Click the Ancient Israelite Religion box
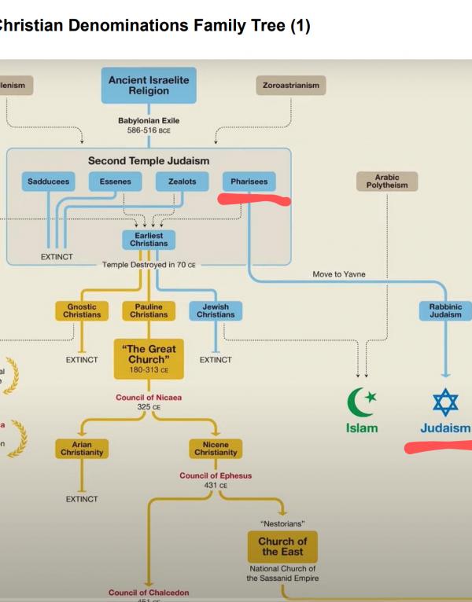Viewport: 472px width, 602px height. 149,86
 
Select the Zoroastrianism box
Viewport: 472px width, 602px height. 291,86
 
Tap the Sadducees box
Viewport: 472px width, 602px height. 48,182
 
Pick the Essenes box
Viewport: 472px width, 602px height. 115,182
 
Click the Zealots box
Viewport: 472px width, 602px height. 182,182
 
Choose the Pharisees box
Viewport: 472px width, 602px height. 249,182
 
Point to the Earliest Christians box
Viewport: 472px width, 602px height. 149,239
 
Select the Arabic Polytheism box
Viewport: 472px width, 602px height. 387,182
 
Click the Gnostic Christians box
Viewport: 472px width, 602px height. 82,311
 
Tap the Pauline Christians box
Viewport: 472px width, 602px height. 149,311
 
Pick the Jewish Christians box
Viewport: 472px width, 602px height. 216,311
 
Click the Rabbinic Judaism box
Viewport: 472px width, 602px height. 445,311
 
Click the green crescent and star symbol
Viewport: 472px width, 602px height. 361,402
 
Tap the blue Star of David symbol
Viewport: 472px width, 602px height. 445,402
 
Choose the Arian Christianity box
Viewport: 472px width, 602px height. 82,449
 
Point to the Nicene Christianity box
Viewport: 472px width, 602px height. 216,449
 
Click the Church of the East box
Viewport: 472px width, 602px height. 282,545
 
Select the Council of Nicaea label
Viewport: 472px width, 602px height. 149,398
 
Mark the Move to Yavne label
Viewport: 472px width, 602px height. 339,274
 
